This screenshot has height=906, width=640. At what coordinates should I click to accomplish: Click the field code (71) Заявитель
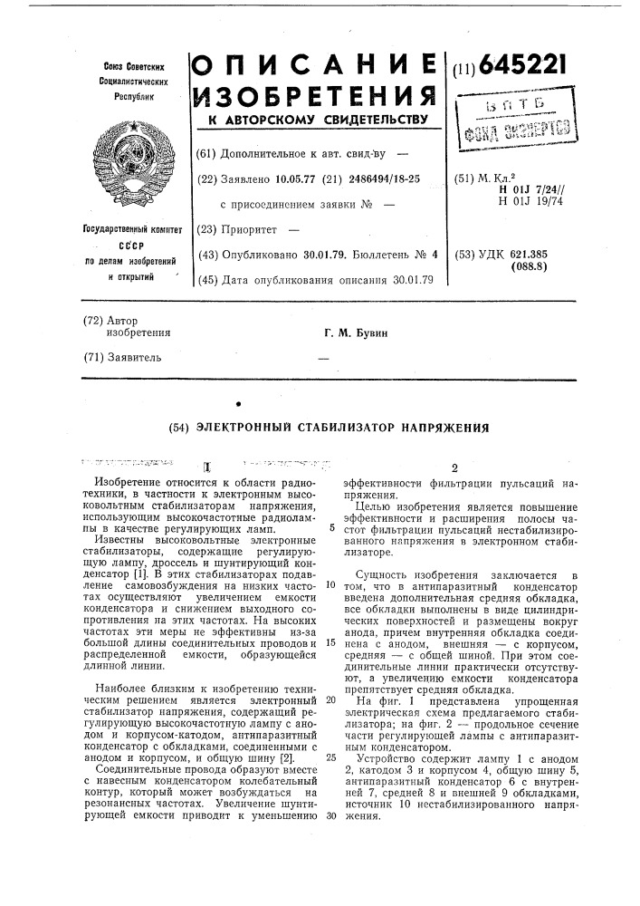[x=129, y=357]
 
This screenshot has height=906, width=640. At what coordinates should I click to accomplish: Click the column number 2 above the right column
[x=454, y=467]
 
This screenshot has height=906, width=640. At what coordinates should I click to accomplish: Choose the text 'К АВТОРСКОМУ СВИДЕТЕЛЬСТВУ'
[x=311, y=119]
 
